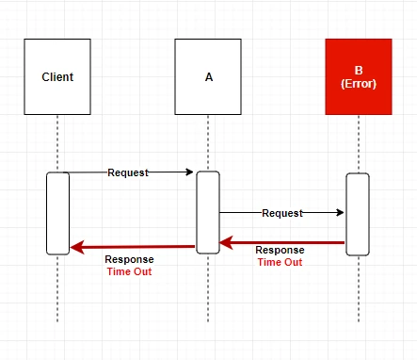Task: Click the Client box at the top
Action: point(57,76)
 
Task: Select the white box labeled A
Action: point(208,76)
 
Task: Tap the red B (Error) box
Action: point(359,76)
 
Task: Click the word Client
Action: point(57,77)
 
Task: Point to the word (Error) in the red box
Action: point(359,84)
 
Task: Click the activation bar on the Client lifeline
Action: point(57,213)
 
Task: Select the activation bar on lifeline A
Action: point(208,212)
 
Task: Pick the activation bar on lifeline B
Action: point(358,214)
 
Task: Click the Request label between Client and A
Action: point(128,172)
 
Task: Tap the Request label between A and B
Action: point(282,213)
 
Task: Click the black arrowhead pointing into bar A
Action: point(190,172)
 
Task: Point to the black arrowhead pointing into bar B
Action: point(340,212)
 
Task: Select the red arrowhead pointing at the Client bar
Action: point(77,247)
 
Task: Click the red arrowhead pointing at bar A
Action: point(226,243)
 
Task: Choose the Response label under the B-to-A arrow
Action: point(280,250)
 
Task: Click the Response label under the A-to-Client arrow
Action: point(129,259)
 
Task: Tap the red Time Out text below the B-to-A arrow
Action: point(280,262)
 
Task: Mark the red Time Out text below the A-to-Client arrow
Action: point(129,271)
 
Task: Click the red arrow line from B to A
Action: point(282,243)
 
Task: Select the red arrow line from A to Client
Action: point(133,247)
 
